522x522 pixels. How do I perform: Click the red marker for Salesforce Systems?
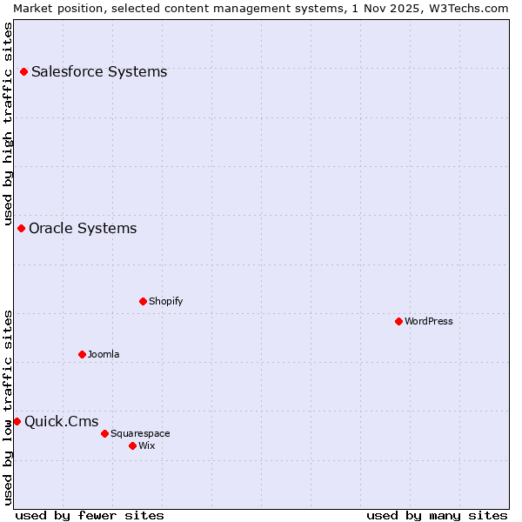pyautogui.click(x=23, y=71)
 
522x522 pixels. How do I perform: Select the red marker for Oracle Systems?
pyautogui.click(x=21, y=228)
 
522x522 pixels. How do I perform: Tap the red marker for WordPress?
pyautogui.click(x=398, y=321)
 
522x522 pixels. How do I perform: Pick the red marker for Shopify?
pyautogui.click(x=143, y=301)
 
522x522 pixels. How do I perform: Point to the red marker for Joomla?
pyautogui.click(x=82, y=354)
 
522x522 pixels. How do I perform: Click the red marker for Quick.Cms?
pyautogui.click(x=17, y=421)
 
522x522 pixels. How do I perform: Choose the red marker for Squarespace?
pyautogui.click(x=104, y=433)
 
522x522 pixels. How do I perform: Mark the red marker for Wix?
pyautogui.click(x=132, y=445)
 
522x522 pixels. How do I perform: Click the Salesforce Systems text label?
pyautogui.click(x=99, y=71)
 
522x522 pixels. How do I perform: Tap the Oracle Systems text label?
pyautogui.click(x=83, y=228)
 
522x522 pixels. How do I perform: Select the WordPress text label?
pyautogui.click(x=429, y=321)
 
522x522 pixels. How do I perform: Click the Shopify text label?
pyautogui.click(x=166, y=301)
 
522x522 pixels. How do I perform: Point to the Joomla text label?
pyautogui.click(x=104, y=354)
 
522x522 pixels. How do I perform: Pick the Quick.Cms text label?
pyautogui.click(x=61, y=421)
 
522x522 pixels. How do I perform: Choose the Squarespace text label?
pyautogui.click(x=140, y=433)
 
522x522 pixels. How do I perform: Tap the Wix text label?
pyautogui.click(x=147, y=445)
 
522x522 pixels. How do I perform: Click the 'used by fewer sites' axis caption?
pyautogui.click(x=90, y=515)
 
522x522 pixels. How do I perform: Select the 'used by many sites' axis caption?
pyautogui.click(x=437, y=515)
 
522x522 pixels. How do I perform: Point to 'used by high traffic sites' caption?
pyautogui.click(x=9, y=123)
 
